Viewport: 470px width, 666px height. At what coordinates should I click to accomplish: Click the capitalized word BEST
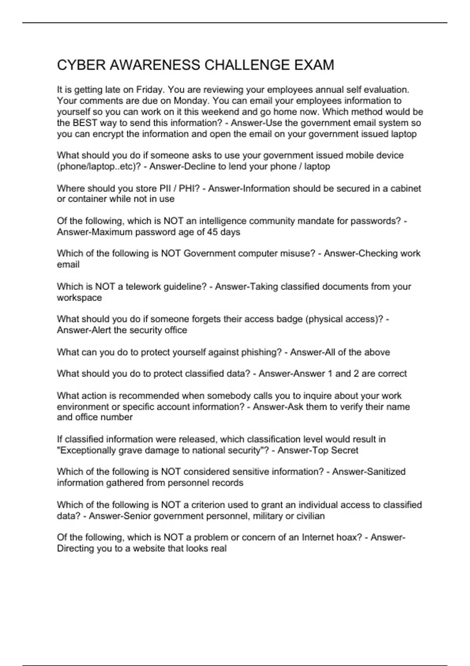point(84,123)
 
